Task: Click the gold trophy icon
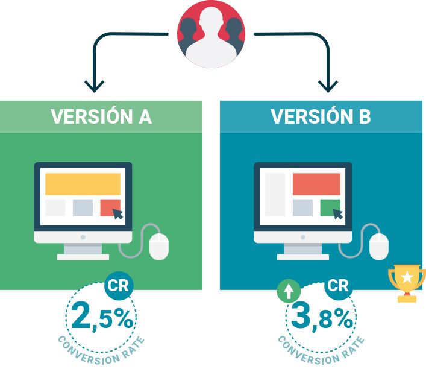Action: tap(407, 283)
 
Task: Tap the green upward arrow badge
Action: tap(289, 291)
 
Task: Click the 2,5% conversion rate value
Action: tap(102, 317)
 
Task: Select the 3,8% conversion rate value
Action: tap(322, 317)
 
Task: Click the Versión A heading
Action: tap(101, 116)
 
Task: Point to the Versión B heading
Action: tap(321, 116)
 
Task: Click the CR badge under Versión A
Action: tap(119, 286)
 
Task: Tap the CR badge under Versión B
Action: tap(339, 286)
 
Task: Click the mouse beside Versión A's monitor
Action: tap(159, 246)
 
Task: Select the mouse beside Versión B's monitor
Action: tap(379, 246)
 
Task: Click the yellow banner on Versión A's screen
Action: tap(83, 184)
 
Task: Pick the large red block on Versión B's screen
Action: tap(316, 184)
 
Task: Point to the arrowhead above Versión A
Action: tap(94, 86)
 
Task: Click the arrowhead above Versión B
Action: tap(328, 86)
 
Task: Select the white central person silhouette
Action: tap(211, 38)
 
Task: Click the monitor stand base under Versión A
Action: tap(83, 257)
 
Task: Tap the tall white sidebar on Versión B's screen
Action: tap(275, 195)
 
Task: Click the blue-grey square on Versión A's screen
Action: tap(83, 207)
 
